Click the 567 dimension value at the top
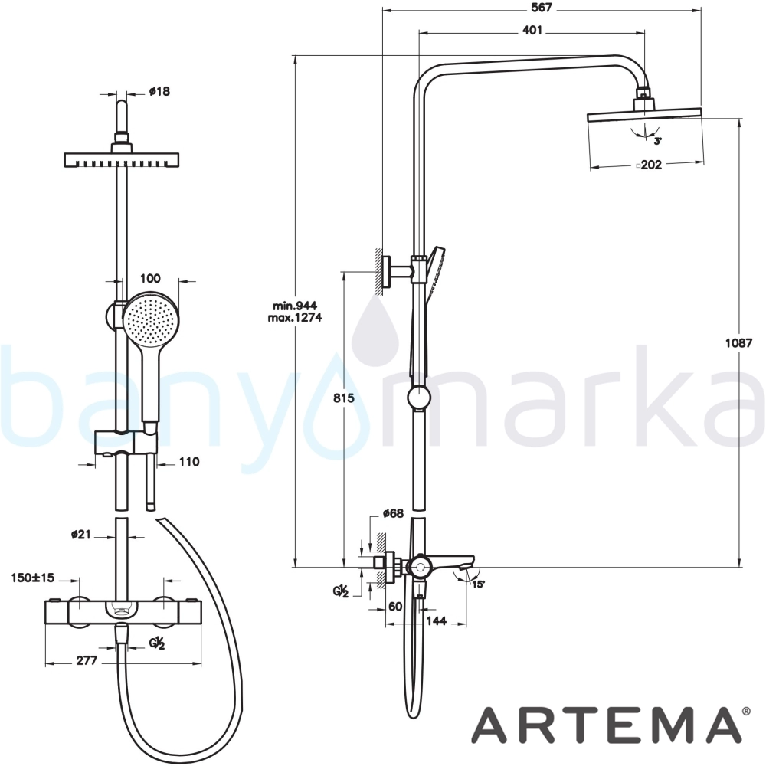542,8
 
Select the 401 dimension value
532,31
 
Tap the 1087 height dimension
738,343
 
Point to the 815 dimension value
343,398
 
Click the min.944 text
295,306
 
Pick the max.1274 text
295,318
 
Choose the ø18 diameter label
160,91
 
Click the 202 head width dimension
650,165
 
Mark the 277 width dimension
87,660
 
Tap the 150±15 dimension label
32,578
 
